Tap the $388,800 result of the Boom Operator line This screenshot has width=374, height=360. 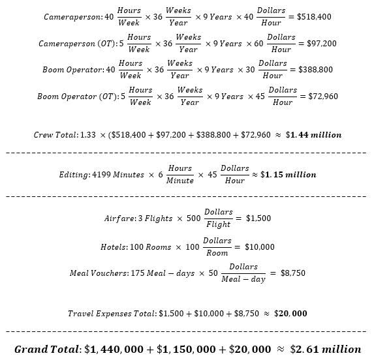(316, 69)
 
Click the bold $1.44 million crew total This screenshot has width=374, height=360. (314, 136)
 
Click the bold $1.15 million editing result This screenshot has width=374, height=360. (288, 175)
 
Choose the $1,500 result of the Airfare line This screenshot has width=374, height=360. (260, 219)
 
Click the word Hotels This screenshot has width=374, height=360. (114, 247)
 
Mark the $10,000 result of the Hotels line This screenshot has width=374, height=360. (259, 247)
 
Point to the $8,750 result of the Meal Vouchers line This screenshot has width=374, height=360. (292, 274)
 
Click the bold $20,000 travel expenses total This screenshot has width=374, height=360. (291, 314)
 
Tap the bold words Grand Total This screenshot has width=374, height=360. (47, 349)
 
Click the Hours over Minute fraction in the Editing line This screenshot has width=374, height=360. (180, 175)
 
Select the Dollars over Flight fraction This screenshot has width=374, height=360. (218, 219)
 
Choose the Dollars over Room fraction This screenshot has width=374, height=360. (217, 247)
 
